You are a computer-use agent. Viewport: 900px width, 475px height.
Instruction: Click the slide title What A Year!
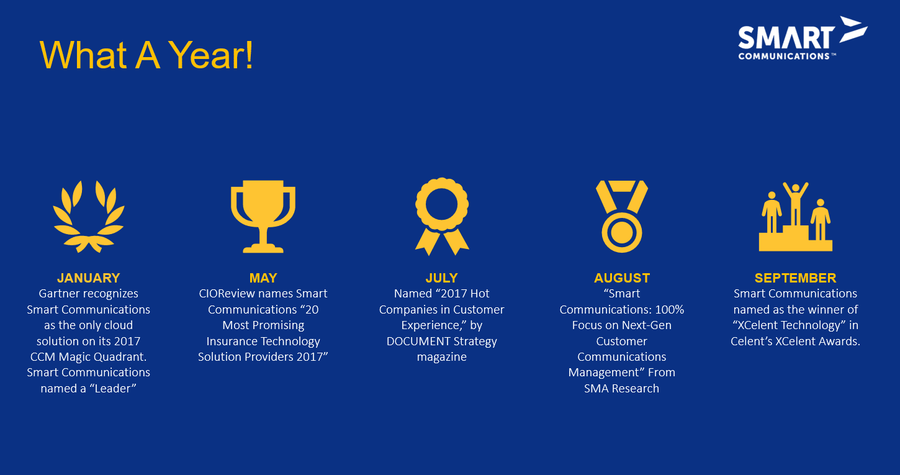coord(146,55)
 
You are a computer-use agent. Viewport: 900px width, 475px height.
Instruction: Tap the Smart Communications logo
coord(803,38)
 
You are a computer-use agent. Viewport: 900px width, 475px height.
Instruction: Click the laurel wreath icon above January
coord(89,217)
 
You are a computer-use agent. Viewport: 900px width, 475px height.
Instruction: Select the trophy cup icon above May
coord(263,217)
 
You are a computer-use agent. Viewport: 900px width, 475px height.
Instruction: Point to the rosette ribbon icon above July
coord(442,217)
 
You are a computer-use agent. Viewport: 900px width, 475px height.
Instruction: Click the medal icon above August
coord(621,217)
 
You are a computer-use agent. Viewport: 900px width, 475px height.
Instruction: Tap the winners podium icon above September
coord(796,217)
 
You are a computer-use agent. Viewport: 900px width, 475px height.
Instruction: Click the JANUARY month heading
coord(88,278)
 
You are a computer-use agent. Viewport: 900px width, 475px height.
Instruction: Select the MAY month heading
coord(263,278)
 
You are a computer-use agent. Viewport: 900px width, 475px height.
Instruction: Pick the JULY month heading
coord(441,278)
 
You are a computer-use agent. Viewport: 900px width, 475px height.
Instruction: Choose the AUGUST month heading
coord(621,278)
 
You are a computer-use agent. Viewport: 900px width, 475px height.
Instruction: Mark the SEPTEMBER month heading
coord(796,278)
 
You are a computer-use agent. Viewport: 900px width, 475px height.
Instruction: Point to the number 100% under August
coord(669,309)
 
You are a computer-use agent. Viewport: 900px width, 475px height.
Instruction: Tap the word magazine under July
coord(441,357)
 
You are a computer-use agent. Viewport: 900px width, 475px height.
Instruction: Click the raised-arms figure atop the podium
coord(796,204)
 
